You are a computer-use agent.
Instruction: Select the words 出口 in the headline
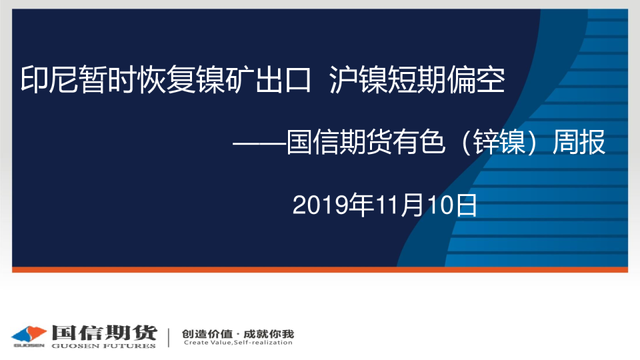(283, 79)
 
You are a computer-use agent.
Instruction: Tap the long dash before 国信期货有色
(259, 143)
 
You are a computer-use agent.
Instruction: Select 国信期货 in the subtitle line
(339, 142)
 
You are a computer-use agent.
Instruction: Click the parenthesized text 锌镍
(499, 142)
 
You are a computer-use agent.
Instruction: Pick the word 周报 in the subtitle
(579, 142)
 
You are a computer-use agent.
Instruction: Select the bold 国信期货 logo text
(104, 333)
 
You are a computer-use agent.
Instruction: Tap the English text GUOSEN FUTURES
(104, 346)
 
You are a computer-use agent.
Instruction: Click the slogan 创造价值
(207, 334)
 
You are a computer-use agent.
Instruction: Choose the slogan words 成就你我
(269, 334)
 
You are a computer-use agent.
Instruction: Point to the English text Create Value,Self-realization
(238, 343)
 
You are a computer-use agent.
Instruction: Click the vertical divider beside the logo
(169, 337)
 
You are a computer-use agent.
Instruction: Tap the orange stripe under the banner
(320, 269)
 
